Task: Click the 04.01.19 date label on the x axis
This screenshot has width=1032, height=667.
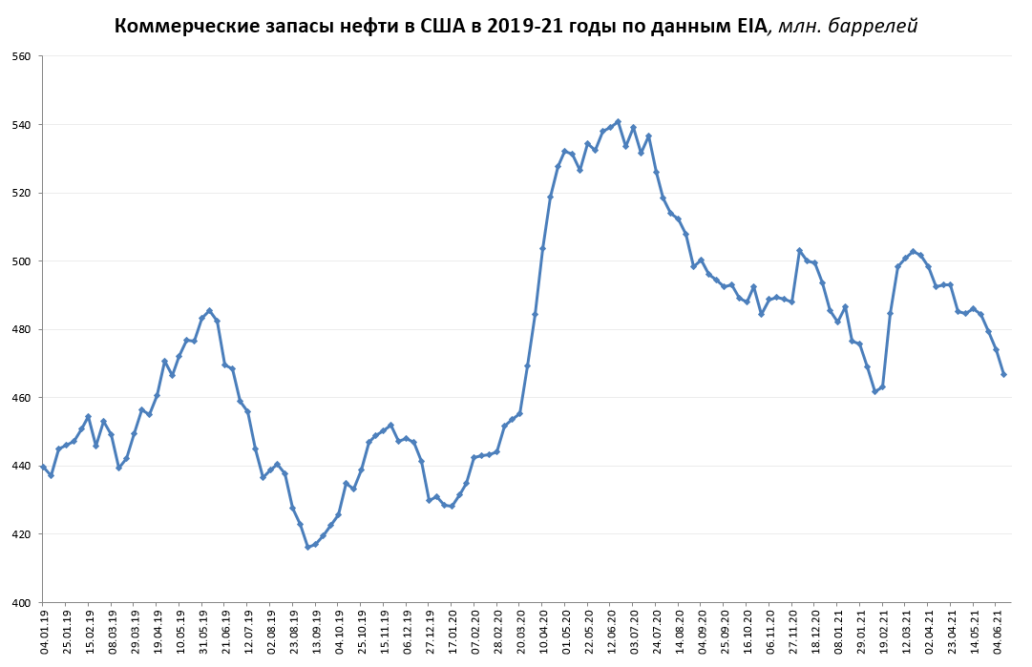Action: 44,633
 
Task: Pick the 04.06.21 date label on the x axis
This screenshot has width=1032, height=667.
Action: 999,633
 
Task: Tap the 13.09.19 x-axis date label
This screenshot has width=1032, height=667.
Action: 316,633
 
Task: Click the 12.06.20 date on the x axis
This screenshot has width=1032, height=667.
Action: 611,633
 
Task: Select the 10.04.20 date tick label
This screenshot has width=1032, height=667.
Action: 543,633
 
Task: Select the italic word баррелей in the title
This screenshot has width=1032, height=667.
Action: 871,26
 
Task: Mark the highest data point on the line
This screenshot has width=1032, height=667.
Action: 618,121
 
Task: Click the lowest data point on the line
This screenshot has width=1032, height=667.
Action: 307,547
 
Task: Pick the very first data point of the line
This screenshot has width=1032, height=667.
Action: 43,467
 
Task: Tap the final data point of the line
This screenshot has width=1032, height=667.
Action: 1003,374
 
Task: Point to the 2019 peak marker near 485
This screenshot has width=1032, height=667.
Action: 209,310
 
